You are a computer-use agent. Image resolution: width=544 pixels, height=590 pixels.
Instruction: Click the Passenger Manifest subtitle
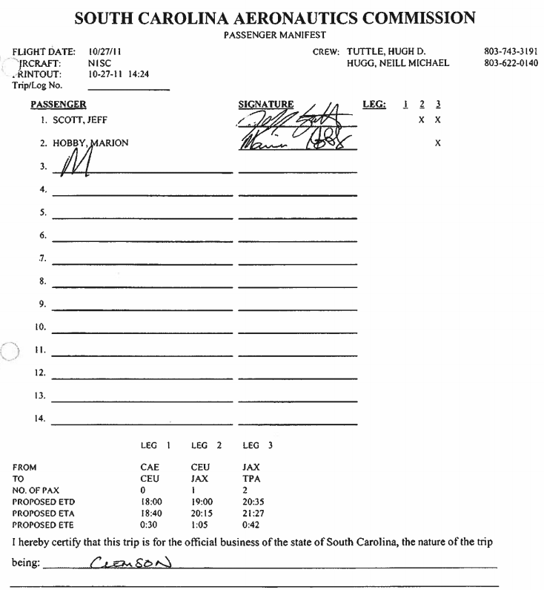tap(272, 34)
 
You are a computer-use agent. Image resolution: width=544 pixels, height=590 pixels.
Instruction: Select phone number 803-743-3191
tap(513, 52)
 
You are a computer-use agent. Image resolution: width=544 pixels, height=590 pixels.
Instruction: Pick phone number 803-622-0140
tap(513, 63)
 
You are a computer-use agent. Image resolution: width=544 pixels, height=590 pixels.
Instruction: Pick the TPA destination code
tap(252, 459)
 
